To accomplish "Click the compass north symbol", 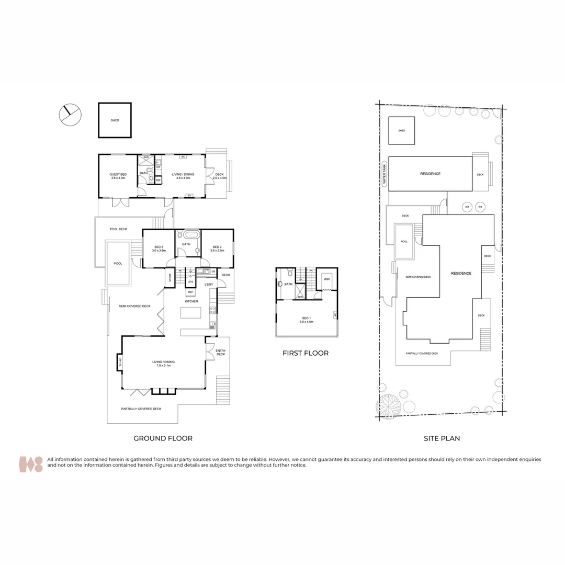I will coord(70,115).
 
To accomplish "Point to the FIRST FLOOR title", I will coord(306,353).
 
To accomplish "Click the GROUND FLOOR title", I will coord(163,438).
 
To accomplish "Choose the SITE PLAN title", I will coord(442,438).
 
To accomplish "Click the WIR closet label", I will coord(326,279).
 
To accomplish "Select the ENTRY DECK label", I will coord(220,352).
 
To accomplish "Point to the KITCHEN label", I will coord(190,301).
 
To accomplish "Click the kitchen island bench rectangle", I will coord(191,313).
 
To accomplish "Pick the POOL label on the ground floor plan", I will coord(118,263).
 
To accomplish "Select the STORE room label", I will coord(169,278).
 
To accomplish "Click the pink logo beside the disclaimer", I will coord(31,464).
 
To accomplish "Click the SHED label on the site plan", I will coord(401,131).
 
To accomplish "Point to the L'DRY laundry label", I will coord(208,284).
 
